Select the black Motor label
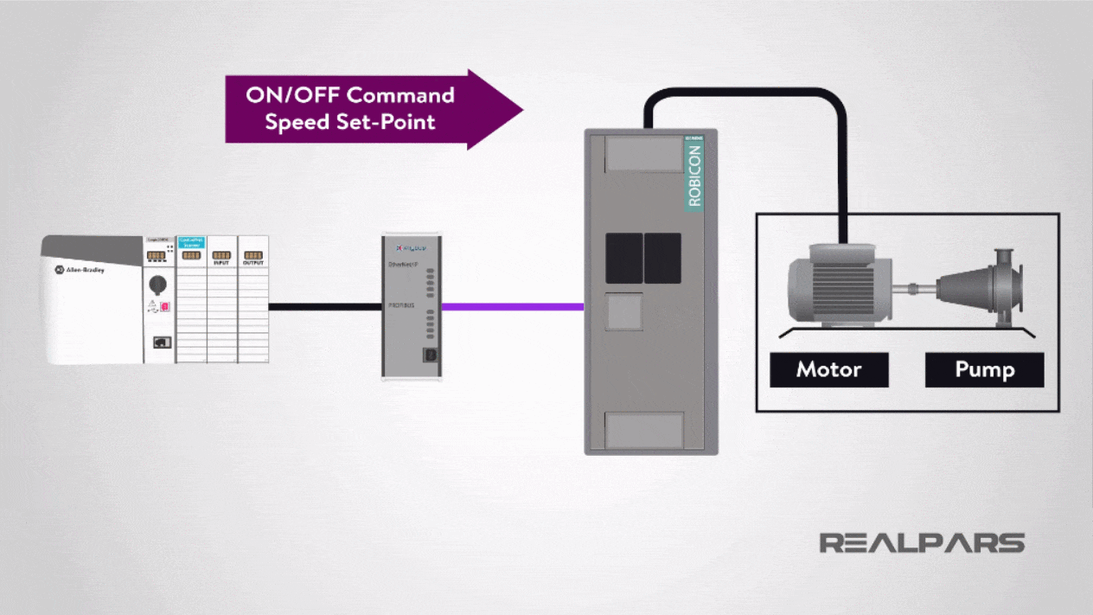pos(828,370)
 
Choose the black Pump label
pos(984,370)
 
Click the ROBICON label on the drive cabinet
pos(694,176)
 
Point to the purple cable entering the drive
pos(512,306)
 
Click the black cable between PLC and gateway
pos(324,306)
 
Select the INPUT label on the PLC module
pos(221,263)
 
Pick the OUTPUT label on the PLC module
pos(253,263)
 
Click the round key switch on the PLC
pos(158,284)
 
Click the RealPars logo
pos(922,543)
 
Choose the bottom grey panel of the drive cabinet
pos(643,430)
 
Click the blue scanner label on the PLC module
pos(190,243)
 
